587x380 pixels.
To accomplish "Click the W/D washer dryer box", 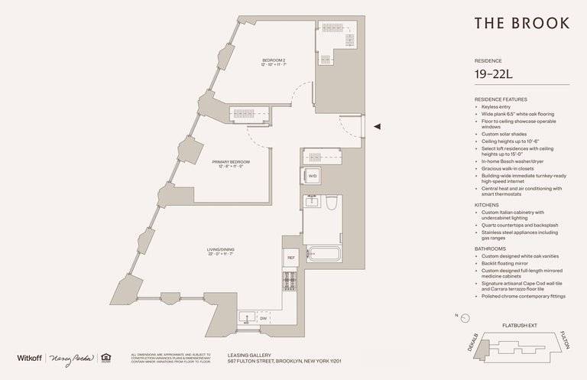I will (x=313, y=177).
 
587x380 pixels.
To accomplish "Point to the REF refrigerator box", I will (x=290, y=258).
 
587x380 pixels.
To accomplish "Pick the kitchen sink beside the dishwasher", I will (x=246, y=317).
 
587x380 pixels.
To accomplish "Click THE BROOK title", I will (x=521, y=23).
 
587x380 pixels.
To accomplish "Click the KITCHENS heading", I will (x=488, y=206).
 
